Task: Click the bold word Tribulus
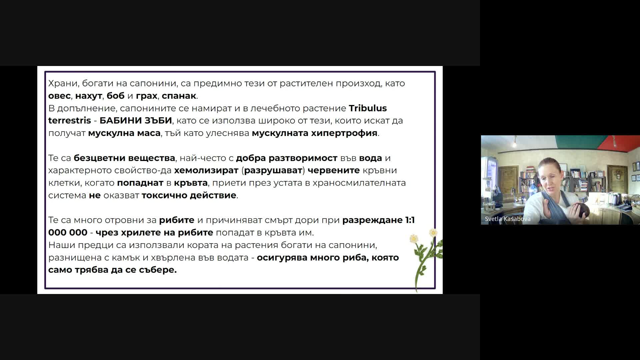click(x=368, y=108)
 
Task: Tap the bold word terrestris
click(x=69, y=120)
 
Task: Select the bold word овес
click(x=59, y=96)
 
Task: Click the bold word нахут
click(x=88, y=96)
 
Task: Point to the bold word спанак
click(x=179, y=96)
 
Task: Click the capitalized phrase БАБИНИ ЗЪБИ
click(x=136, y=120)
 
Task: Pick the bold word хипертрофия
click(x=344, y=133)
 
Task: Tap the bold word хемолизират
click(x=206, y=170)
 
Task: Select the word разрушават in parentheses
click(x=273, y=170)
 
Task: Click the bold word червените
click(x=334, y=170)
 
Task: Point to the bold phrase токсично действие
click(x=189, y=195)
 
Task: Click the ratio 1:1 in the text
click(x=410, y=220)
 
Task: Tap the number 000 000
click(x=68, y=233)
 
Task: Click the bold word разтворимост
click(x=303, y=158)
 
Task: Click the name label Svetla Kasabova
click(x=507, y=219)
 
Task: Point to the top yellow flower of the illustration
click(x=433, y=232)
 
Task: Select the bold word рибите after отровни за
click(x=177, y=220)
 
